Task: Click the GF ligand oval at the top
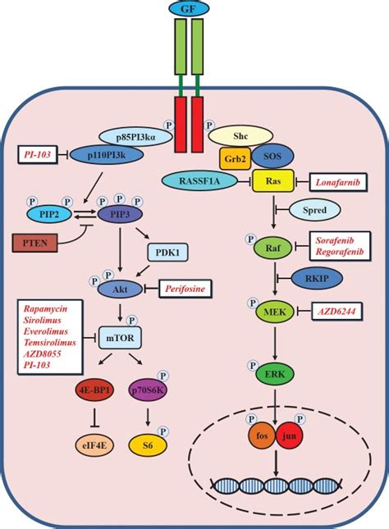pos(189,9)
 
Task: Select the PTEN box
pos(35,243)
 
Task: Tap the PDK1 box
pos(167,253)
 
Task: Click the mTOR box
pos(120,337)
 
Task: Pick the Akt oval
pos(120,289)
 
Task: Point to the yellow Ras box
pos(272,180)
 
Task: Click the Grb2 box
pos(236,158)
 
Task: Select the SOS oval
pos(272,156)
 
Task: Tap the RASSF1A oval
pos(199,181)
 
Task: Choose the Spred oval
pos(314,210)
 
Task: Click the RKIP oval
pos(317,278)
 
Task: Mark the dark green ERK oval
pos(275,374)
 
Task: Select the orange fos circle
pos(263,436)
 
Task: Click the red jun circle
pos(290,436)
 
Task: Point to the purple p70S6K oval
pos(148,390)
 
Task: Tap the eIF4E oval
pos(94,445)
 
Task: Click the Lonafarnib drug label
pos(337,183)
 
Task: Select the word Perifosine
pos(185,289)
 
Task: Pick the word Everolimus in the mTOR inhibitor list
pos(46,331)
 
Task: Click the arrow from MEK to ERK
pos(275,343)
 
